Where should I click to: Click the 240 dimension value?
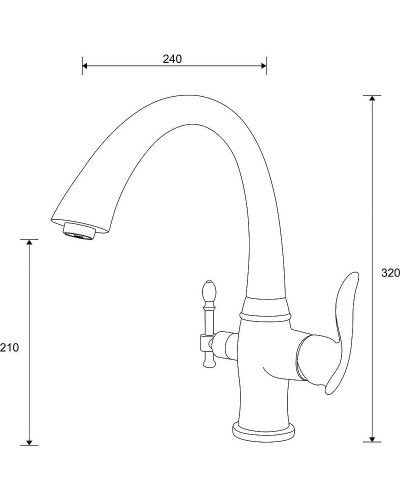[x=172, y=58]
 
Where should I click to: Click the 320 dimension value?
[x=390, y=272]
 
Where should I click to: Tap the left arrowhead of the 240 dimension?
[x=85, y=67]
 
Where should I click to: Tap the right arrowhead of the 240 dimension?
[x=263, y=67]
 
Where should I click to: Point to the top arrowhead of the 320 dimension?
[x=374, y=99]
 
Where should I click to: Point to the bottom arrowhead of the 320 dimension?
[x=374, y=438]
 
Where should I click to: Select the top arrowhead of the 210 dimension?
[x=32, y=243]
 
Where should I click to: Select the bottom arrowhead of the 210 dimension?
[x=32, y=441]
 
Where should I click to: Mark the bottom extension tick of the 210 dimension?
[x=32, y=445]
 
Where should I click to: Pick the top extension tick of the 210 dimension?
[x=32, y=239]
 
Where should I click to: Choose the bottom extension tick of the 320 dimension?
[x=373, y=442]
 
